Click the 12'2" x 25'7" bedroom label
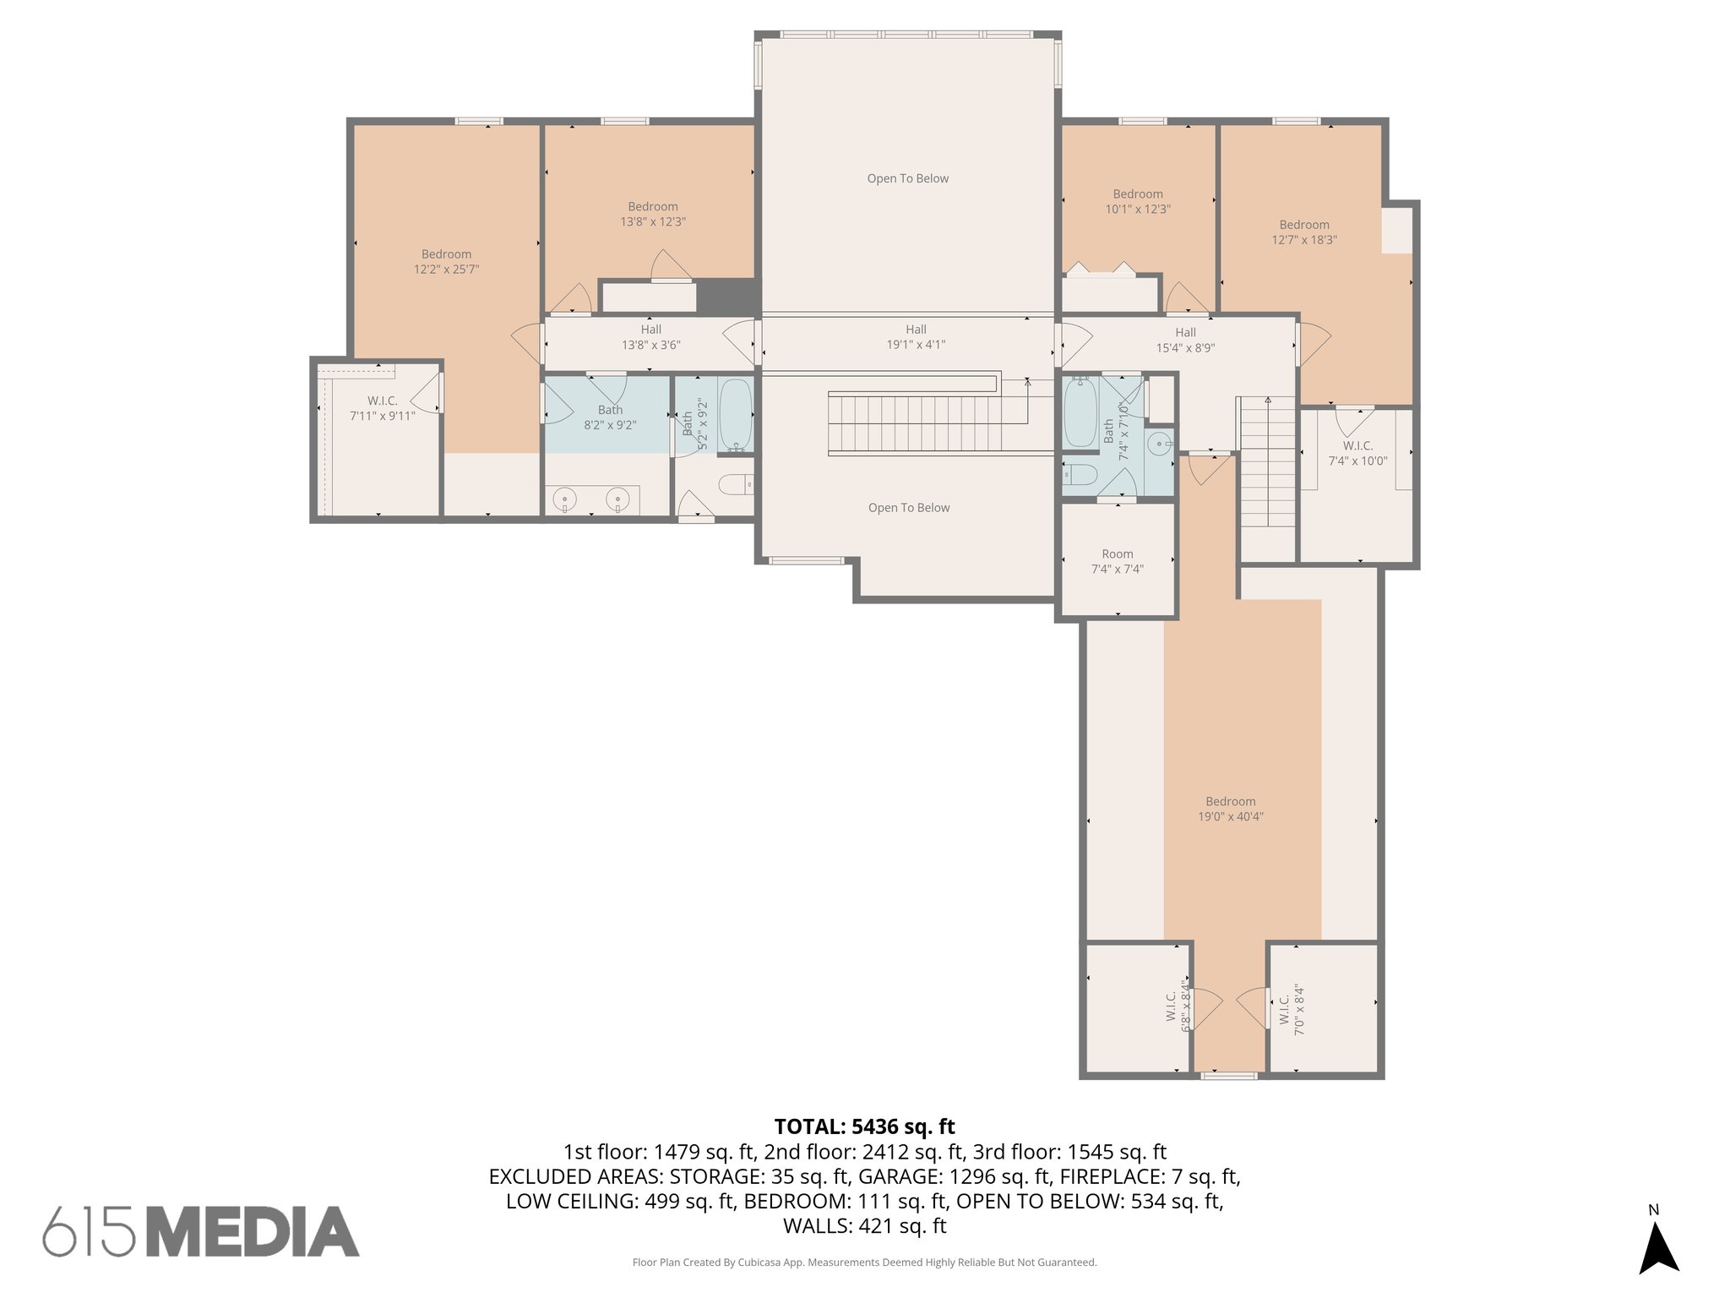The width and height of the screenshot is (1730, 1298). point(446,262)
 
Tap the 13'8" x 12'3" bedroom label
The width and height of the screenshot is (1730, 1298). point(652,214)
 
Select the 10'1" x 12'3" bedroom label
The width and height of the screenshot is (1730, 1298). point(1138,202)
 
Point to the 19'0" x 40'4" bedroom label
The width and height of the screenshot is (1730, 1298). point(1230,809)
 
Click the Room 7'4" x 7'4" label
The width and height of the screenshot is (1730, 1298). point(1117,561)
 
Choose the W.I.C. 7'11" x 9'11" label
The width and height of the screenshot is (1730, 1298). point(382,408)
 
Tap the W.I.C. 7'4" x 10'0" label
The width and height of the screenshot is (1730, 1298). point(1357,453)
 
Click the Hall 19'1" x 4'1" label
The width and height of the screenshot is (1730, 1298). point(916,337)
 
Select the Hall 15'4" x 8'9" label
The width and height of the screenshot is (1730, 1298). point(1185,340)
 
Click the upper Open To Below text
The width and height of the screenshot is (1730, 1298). point(907,178)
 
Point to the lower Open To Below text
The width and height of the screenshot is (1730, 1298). point(909,508)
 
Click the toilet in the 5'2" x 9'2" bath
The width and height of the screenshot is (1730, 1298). point(735,485)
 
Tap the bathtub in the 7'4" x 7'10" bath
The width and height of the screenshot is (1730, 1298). point(1079,413)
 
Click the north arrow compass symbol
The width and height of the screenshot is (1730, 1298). point(1658,1247)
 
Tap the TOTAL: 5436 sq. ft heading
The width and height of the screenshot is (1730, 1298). point(864,1126)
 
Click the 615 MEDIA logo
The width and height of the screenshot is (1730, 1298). point(201,1231)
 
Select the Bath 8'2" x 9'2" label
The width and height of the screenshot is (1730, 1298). point(610,417)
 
